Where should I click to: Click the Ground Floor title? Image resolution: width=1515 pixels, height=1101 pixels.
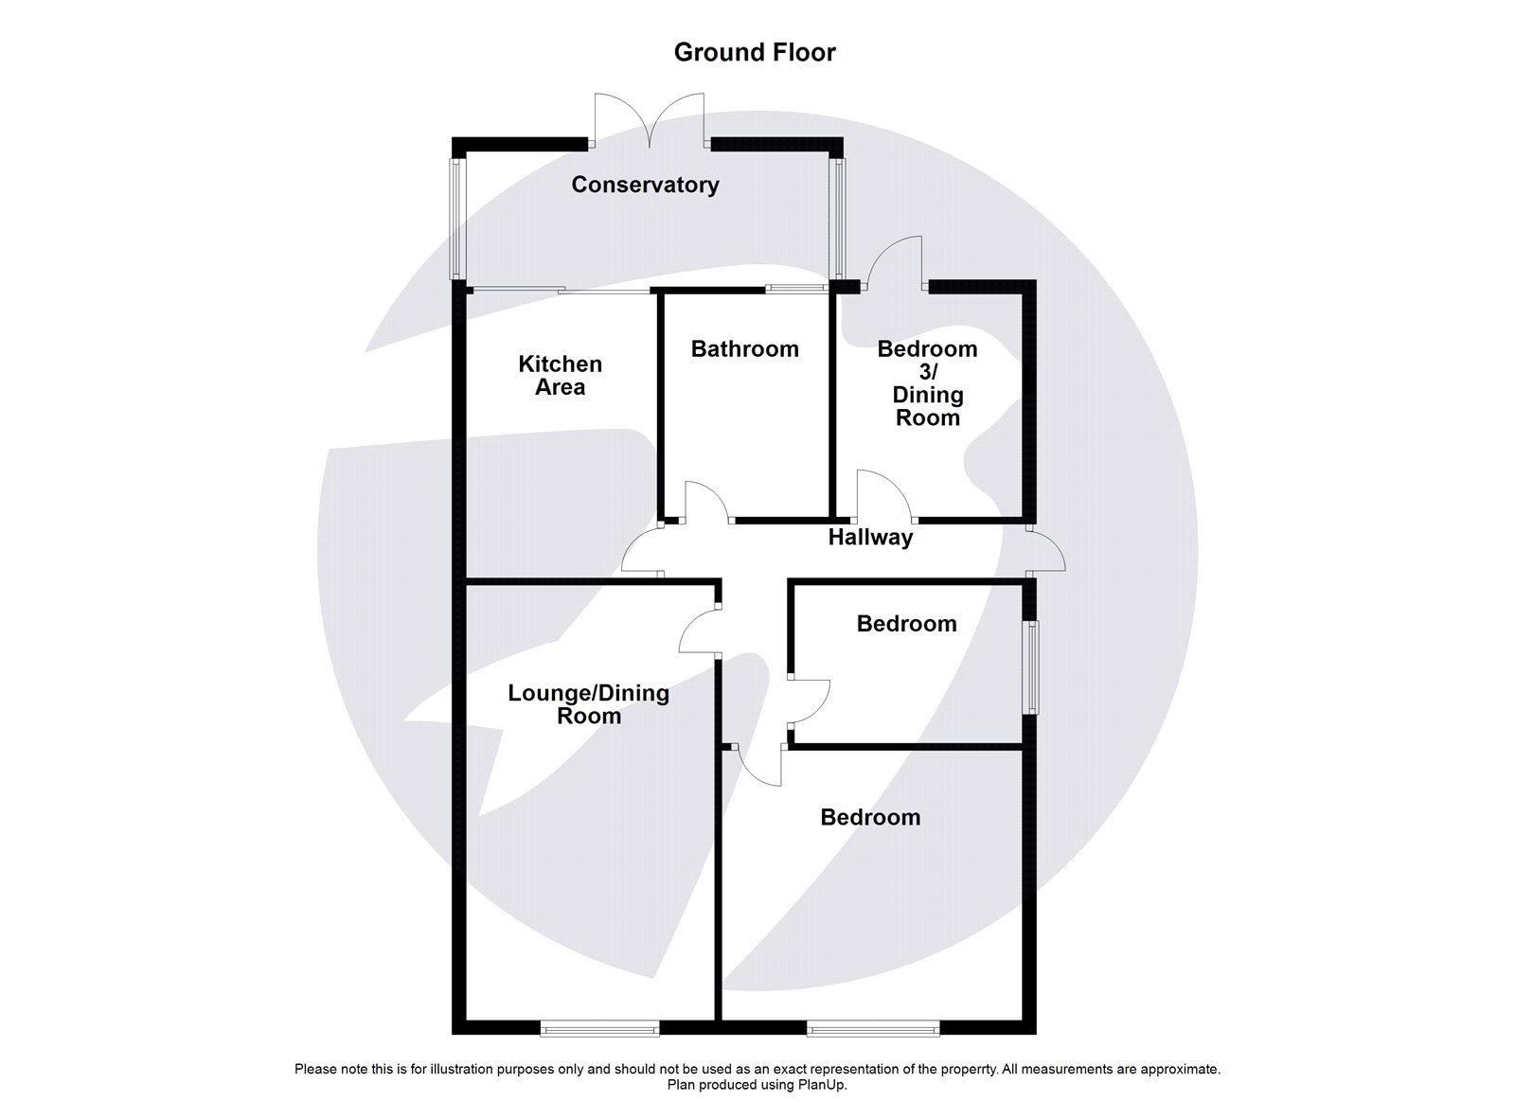pos(755,52)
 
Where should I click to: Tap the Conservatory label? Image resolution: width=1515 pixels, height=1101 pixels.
pos(645,185)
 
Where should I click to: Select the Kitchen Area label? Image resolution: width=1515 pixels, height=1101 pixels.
pos(560,376)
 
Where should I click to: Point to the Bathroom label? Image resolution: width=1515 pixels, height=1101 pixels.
pos(744,349)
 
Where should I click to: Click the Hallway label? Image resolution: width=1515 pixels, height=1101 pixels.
pos(870,538)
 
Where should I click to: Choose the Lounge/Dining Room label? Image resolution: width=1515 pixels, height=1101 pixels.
pos(588,704)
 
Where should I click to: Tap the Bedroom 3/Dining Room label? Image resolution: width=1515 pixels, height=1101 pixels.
pos(927,383)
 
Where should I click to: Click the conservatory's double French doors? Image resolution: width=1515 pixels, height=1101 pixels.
pos(650,121)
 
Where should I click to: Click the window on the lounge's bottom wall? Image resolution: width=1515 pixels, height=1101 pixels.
pos(599,1026)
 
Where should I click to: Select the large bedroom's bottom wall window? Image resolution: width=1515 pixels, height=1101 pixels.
pos(873,1026)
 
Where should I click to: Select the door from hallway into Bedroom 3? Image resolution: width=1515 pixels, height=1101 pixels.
pos(882,497)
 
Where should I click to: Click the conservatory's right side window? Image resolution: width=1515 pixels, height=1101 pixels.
pos(838,220)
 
